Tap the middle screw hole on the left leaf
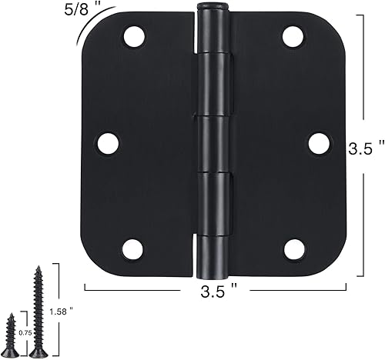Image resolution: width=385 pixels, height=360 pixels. tap(108, 142)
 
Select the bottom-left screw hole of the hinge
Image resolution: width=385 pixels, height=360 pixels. tap(132, 248)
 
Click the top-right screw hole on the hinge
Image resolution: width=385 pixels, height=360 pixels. tap(293, 36)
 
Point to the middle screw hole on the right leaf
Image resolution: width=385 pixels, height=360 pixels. tap(318, 142)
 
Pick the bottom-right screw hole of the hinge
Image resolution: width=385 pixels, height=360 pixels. tap(293, 248)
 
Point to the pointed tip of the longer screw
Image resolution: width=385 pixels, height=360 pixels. tap(36, 267)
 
